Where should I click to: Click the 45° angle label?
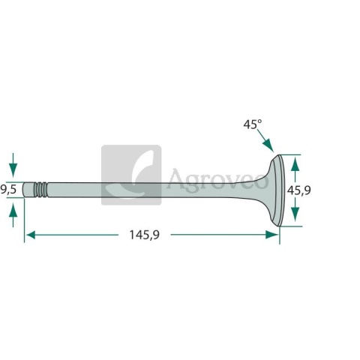tap(253, 124)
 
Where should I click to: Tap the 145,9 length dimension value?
tap(144, 235)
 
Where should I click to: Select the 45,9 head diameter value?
tap(298, 190)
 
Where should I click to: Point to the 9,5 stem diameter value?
tap(8, 190)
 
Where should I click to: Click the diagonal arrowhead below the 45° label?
tap(268, 145)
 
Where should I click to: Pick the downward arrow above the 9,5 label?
tap(13, 165)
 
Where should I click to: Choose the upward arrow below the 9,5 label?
tap(13, 214)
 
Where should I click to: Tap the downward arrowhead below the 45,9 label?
tap(295, 214)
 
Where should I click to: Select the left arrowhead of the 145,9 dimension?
tap(31, 235)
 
